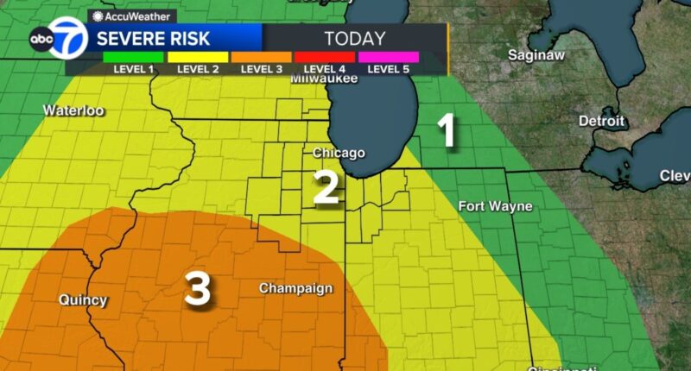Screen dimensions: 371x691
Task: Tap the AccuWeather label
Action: click(x=131, y=15)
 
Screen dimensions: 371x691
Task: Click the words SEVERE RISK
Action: click(x=152, y=38)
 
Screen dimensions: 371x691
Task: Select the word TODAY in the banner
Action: click(x=354, y=38)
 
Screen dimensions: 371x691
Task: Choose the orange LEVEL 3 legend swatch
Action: click(x=261, y=57)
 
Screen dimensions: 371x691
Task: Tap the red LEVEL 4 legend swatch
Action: click(x=324, y=57)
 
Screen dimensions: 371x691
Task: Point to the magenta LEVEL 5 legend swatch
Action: click(x=388, y=57)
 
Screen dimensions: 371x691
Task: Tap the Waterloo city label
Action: click(x=73, y=110)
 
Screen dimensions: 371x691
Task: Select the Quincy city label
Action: click(x=83, y=300)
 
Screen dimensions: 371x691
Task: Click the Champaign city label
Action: click(x=296, y=288)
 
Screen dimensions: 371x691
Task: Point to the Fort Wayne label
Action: click(x=495, y=206)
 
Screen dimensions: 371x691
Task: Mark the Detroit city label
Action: click(x=601, y=121)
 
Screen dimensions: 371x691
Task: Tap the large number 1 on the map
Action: click(x=446, y=132)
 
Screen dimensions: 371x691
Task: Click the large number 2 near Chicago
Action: click(x=325, y=187)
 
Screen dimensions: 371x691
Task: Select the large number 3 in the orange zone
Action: click(x=198, y=289)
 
